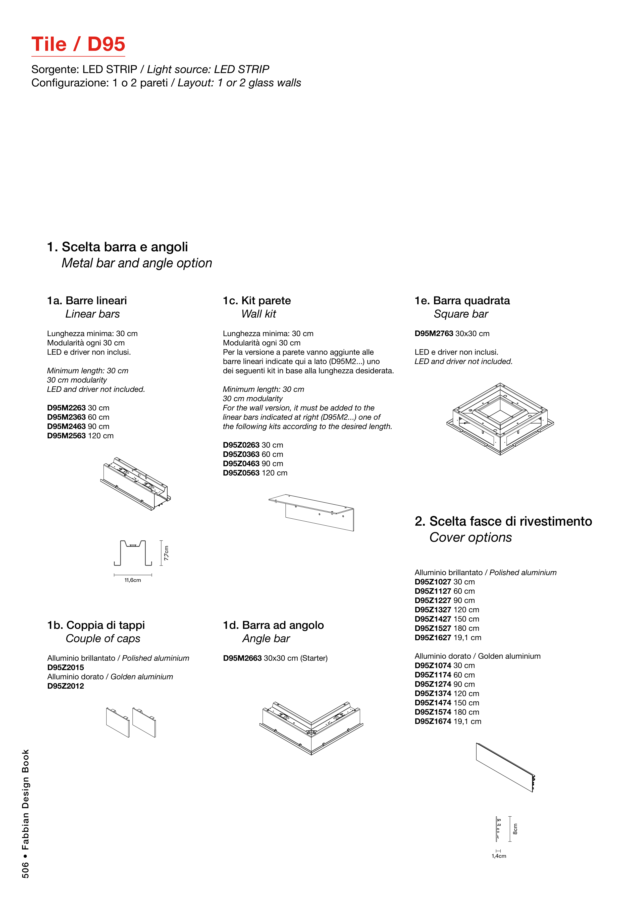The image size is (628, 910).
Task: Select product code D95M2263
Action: tap(66, 408)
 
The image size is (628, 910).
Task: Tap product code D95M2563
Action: tap(66, 436)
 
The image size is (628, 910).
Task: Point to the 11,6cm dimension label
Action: tap(133, 580)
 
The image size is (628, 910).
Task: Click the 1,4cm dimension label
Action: tap(499, 856)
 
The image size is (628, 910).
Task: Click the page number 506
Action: tap(25, 870)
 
